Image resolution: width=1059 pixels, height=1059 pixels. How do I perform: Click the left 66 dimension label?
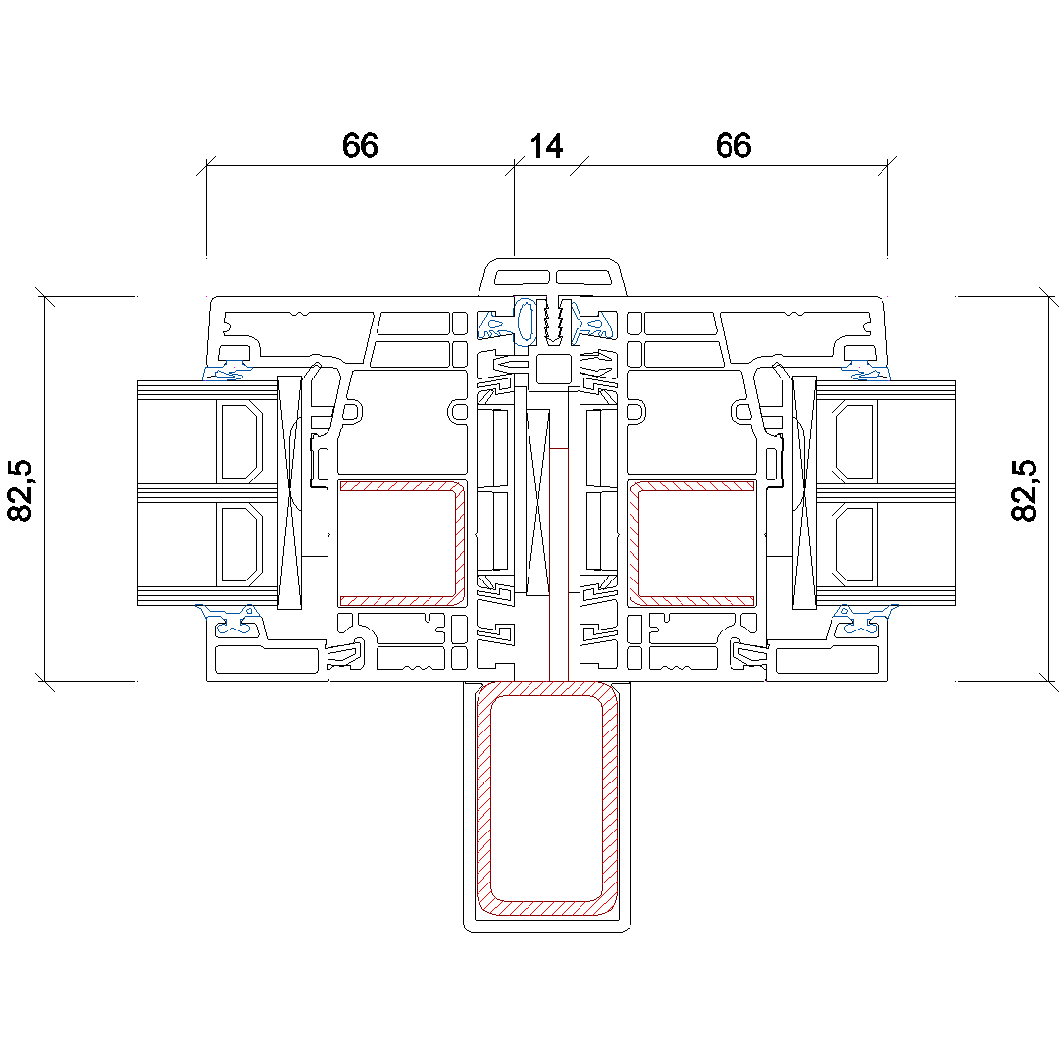click(x=360, y=146)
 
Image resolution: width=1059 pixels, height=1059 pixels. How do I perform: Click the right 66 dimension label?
click(x=733, y=146)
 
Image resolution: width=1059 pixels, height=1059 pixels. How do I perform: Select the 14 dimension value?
click(x=546, y=146)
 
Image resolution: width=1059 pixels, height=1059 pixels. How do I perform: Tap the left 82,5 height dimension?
click(x=22, y=489)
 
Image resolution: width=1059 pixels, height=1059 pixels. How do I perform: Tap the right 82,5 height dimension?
click(x=1025, y=489)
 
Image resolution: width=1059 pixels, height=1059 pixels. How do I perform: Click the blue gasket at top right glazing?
click(x=868, y=371)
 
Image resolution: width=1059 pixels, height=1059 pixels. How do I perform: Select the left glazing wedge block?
click(x=291, y=490)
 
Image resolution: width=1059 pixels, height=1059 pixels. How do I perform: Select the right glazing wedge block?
click(x=804, y=490)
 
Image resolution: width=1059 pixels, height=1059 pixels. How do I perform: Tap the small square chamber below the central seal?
click(x=554, y=370)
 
